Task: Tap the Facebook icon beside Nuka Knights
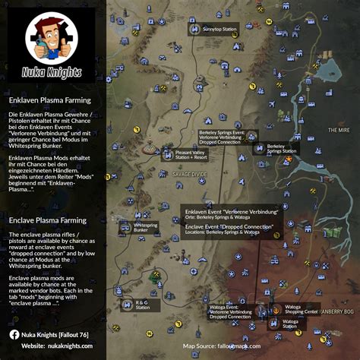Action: pyautogui.click(x=14, y=333)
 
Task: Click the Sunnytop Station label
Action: pyautogui.click(x=219, y=29)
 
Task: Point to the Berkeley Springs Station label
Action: pyautogui.click(x=282, y=149)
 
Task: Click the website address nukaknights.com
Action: pyautogui.click(x=67, y=346)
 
